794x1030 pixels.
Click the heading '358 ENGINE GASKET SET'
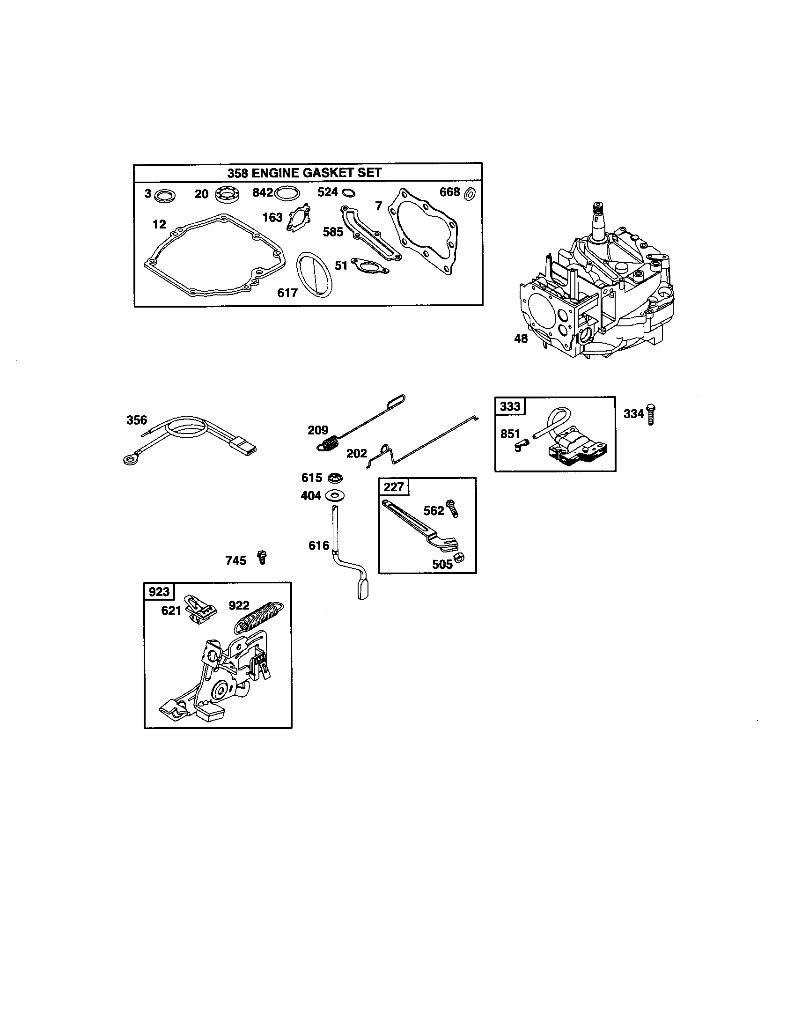coord(304,173)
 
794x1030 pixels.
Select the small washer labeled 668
coord(470,193)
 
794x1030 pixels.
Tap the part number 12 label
coord(159,224)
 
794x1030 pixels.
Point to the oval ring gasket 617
coord(314,274)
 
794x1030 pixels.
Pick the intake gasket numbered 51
coord(371,266)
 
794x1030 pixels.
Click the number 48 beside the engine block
coord(521,338)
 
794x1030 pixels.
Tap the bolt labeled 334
coord(652,414)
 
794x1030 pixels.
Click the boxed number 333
coord(510,406)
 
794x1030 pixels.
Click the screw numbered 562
coord(453,509)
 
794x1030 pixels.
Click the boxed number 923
coord(159,591)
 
